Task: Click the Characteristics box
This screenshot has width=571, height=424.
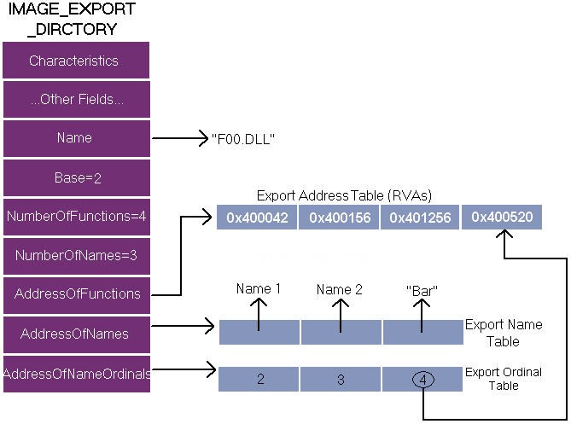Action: (x=76, y=60)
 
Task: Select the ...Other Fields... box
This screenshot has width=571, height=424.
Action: (x=77, y=99)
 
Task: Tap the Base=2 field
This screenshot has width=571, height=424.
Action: (x=77, y=178)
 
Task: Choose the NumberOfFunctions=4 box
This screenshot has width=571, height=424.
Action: (x=77, y=217)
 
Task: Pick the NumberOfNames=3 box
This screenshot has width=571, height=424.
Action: (x=77, y=256)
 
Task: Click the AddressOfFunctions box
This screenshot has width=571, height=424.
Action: (x=77, y=295)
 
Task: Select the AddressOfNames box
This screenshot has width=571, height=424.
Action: (x=77, y=334)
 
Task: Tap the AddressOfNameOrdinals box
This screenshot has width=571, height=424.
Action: (x=77, y=375)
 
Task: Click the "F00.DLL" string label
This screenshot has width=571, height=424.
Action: (x=243, y=139)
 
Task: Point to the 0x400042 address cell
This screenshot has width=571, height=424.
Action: (x=257, y=218)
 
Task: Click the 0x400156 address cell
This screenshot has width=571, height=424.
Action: (x=339, y=218)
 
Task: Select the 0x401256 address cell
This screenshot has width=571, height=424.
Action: (x=420, y=218)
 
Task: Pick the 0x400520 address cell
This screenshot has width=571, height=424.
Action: (x=502, y=218)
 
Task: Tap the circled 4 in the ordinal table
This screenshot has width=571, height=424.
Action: (x=423, y=380)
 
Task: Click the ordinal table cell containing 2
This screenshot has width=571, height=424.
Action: (x=259, y=380)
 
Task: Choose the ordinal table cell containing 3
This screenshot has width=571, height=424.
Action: (x=341, y=380)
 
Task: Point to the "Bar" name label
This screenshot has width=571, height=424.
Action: (x=422, y=291)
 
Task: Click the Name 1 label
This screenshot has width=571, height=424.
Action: (x=259, y=289)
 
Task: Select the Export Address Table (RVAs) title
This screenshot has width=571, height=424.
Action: (x=344, y=196)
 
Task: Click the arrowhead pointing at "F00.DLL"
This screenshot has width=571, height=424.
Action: (x=204, y=138)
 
